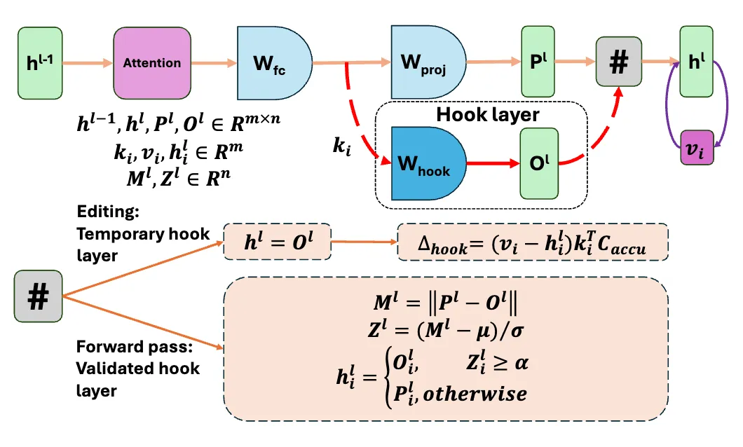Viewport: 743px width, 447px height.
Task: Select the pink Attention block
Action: (x=151, y=63)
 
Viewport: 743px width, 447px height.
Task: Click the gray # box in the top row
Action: (x=618, y=63)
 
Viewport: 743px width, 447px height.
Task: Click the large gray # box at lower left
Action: (x=38, y=298)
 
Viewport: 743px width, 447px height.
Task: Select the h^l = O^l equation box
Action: (x=277, y=242)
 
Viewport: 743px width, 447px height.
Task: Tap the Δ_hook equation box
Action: (x=533, y=242)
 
